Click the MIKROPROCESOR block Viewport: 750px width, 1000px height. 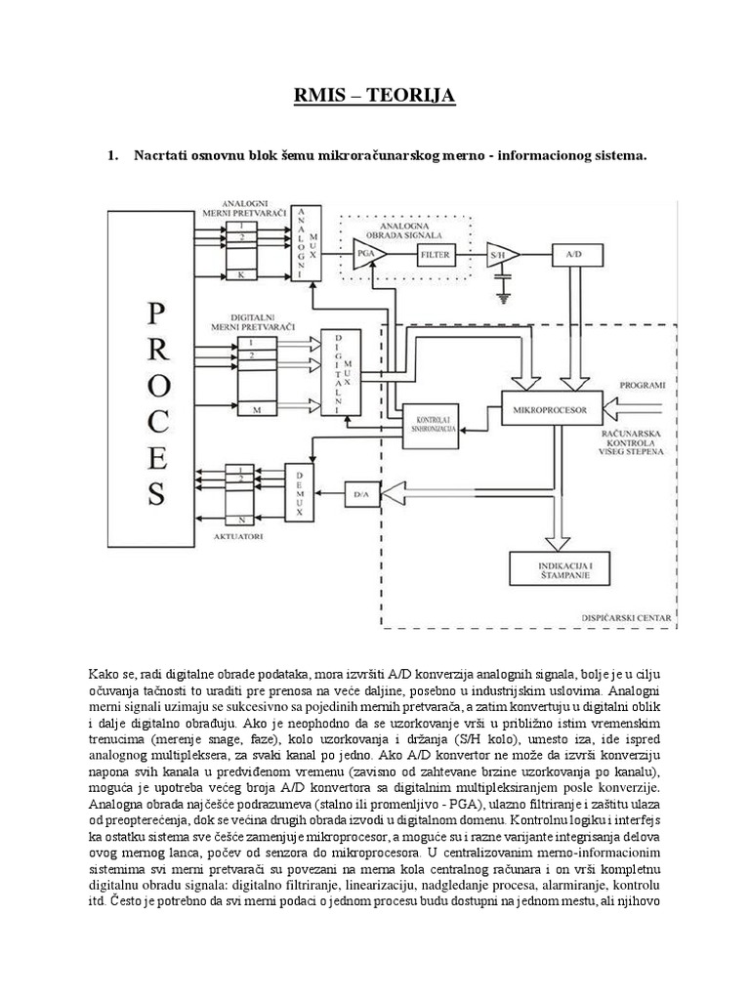(558, 410)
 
